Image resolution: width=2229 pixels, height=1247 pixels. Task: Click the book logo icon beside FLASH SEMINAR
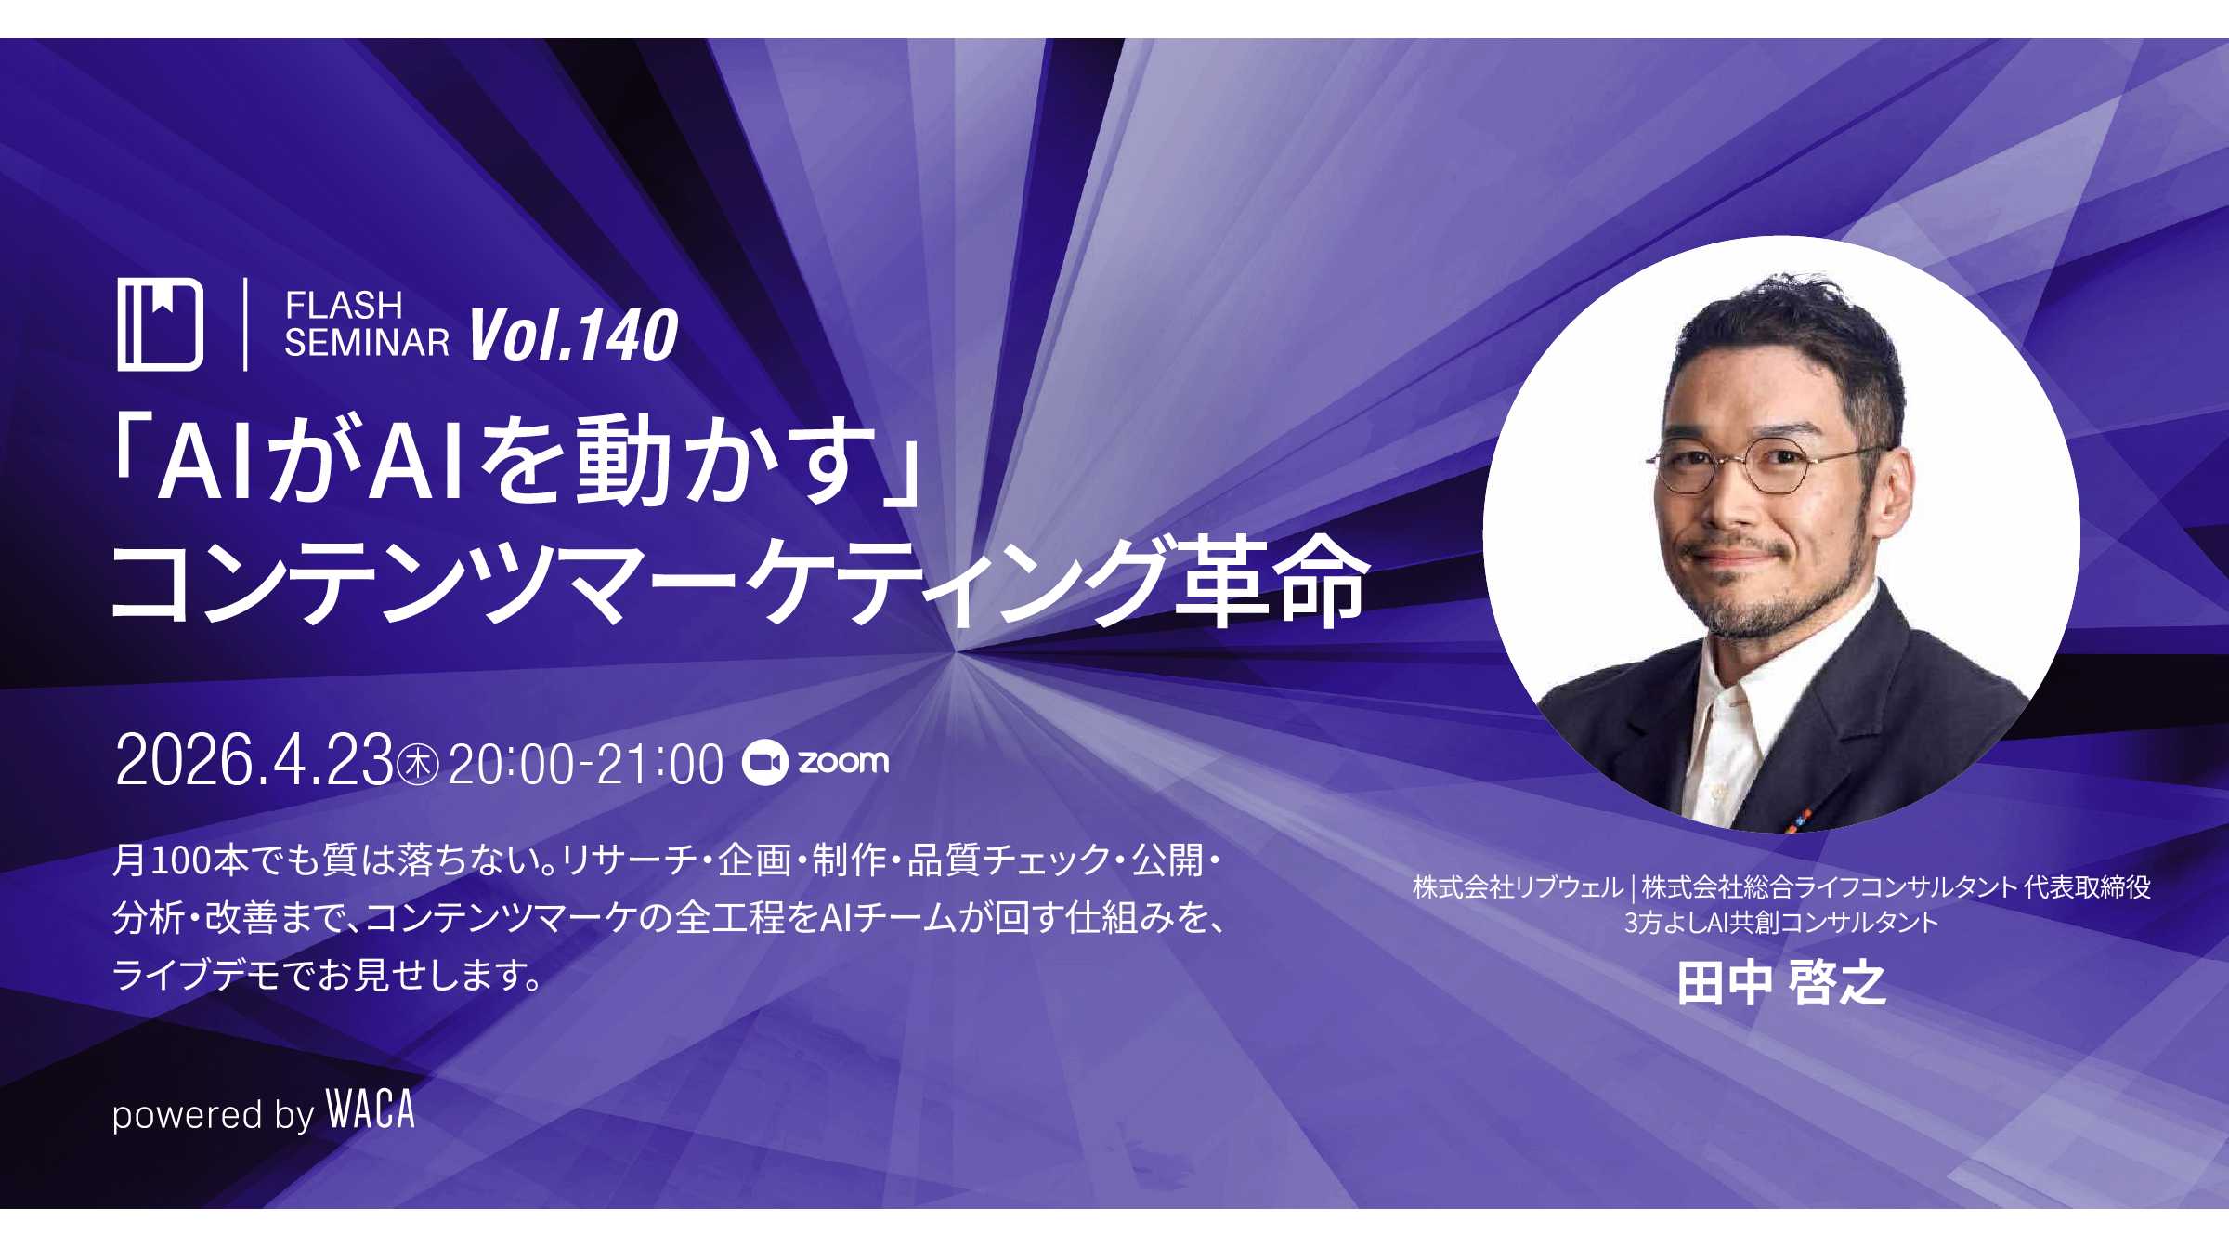tap(160, 324)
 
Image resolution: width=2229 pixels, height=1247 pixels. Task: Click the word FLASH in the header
tap(344, 305)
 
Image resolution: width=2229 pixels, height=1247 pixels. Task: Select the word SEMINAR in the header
tap(367, 343)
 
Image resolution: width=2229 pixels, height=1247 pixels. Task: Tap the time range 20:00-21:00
tap(586, 765)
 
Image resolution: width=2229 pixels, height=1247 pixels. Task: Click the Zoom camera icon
tap(765, 763)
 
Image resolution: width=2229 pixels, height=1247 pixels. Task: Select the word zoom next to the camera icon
tap(843, 762)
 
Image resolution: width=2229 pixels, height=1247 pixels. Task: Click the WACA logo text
tap(370, 1109)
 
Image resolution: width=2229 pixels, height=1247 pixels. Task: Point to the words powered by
tap(214, 1114)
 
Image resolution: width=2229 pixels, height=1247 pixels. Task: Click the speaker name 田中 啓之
tap(1781, 982)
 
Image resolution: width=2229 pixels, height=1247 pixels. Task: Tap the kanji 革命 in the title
tap(1268, 582)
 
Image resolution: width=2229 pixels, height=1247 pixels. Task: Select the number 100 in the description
tap(181, 861)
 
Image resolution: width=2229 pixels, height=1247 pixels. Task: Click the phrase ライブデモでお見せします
tap(319, 976)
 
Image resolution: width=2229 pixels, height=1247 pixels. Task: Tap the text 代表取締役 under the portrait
tap(2087, 887)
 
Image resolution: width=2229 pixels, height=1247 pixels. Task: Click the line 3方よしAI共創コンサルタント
tap(1780, 923)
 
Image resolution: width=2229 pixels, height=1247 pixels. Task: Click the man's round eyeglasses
tap(1765, 467)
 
